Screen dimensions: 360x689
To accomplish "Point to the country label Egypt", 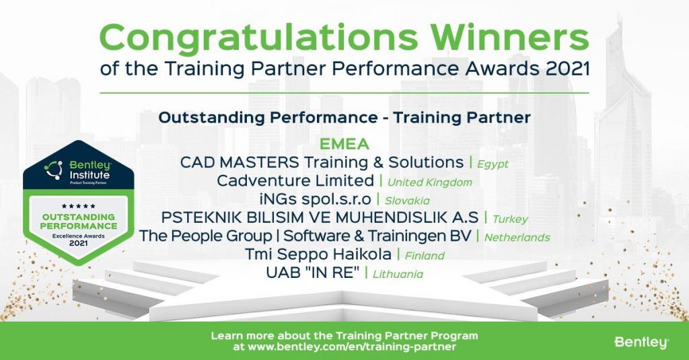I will click(x=493, y=164).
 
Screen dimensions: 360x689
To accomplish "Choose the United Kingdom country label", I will click(x=429, y=182).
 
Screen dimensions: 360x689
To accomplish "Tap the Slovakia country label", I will click(x=408, y=200).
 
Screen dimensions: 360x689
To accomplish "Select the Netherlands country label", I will click(x=517, y=237).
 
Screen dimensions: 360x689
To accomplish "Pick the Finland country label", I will click(x=425, y=255).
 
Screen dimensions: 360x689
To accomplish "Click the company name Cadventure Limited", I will click(x=295, y=180).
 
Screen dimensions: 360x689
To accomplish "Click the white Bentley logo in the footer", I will click(x=641, y=343).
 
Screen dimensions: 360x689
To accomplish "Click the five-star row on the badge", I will click(x=78, y=206).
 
